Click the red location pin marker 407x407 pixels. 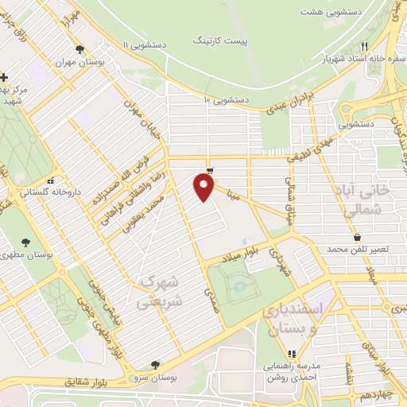tap(204, 188)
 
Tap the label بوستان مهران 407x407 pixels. tap(81, 62)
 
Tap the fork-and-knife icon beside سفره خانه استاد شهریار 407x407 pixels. tap(365, 46)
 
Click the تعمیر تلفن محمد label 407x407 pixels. tap(360, 250)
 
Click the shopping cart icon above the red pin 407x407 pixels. tap(209, 171)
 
